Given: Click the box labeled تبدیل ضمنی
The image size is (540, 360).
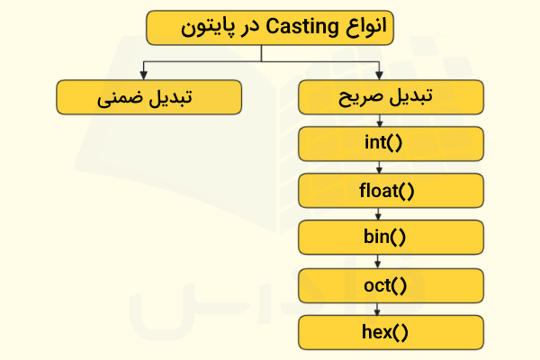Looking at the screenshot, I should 148,97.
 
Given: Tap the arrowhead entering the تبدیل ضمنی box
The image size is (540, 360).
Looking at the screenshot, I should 143,76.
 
